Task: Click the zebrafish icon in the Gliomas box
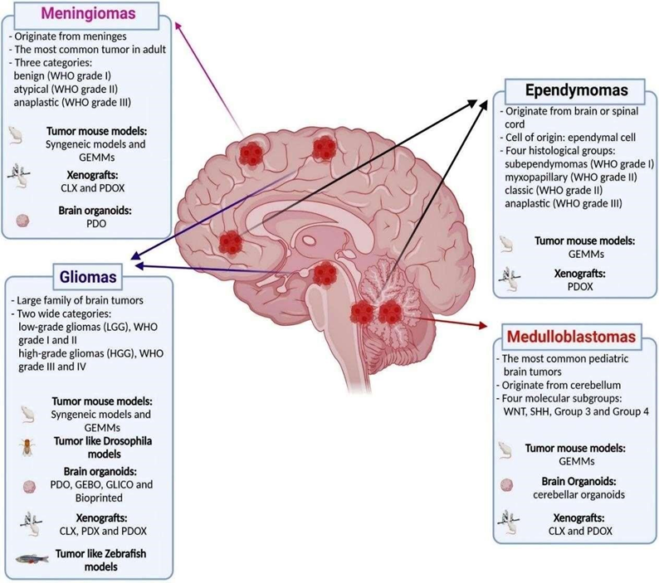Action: (32, 558)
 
